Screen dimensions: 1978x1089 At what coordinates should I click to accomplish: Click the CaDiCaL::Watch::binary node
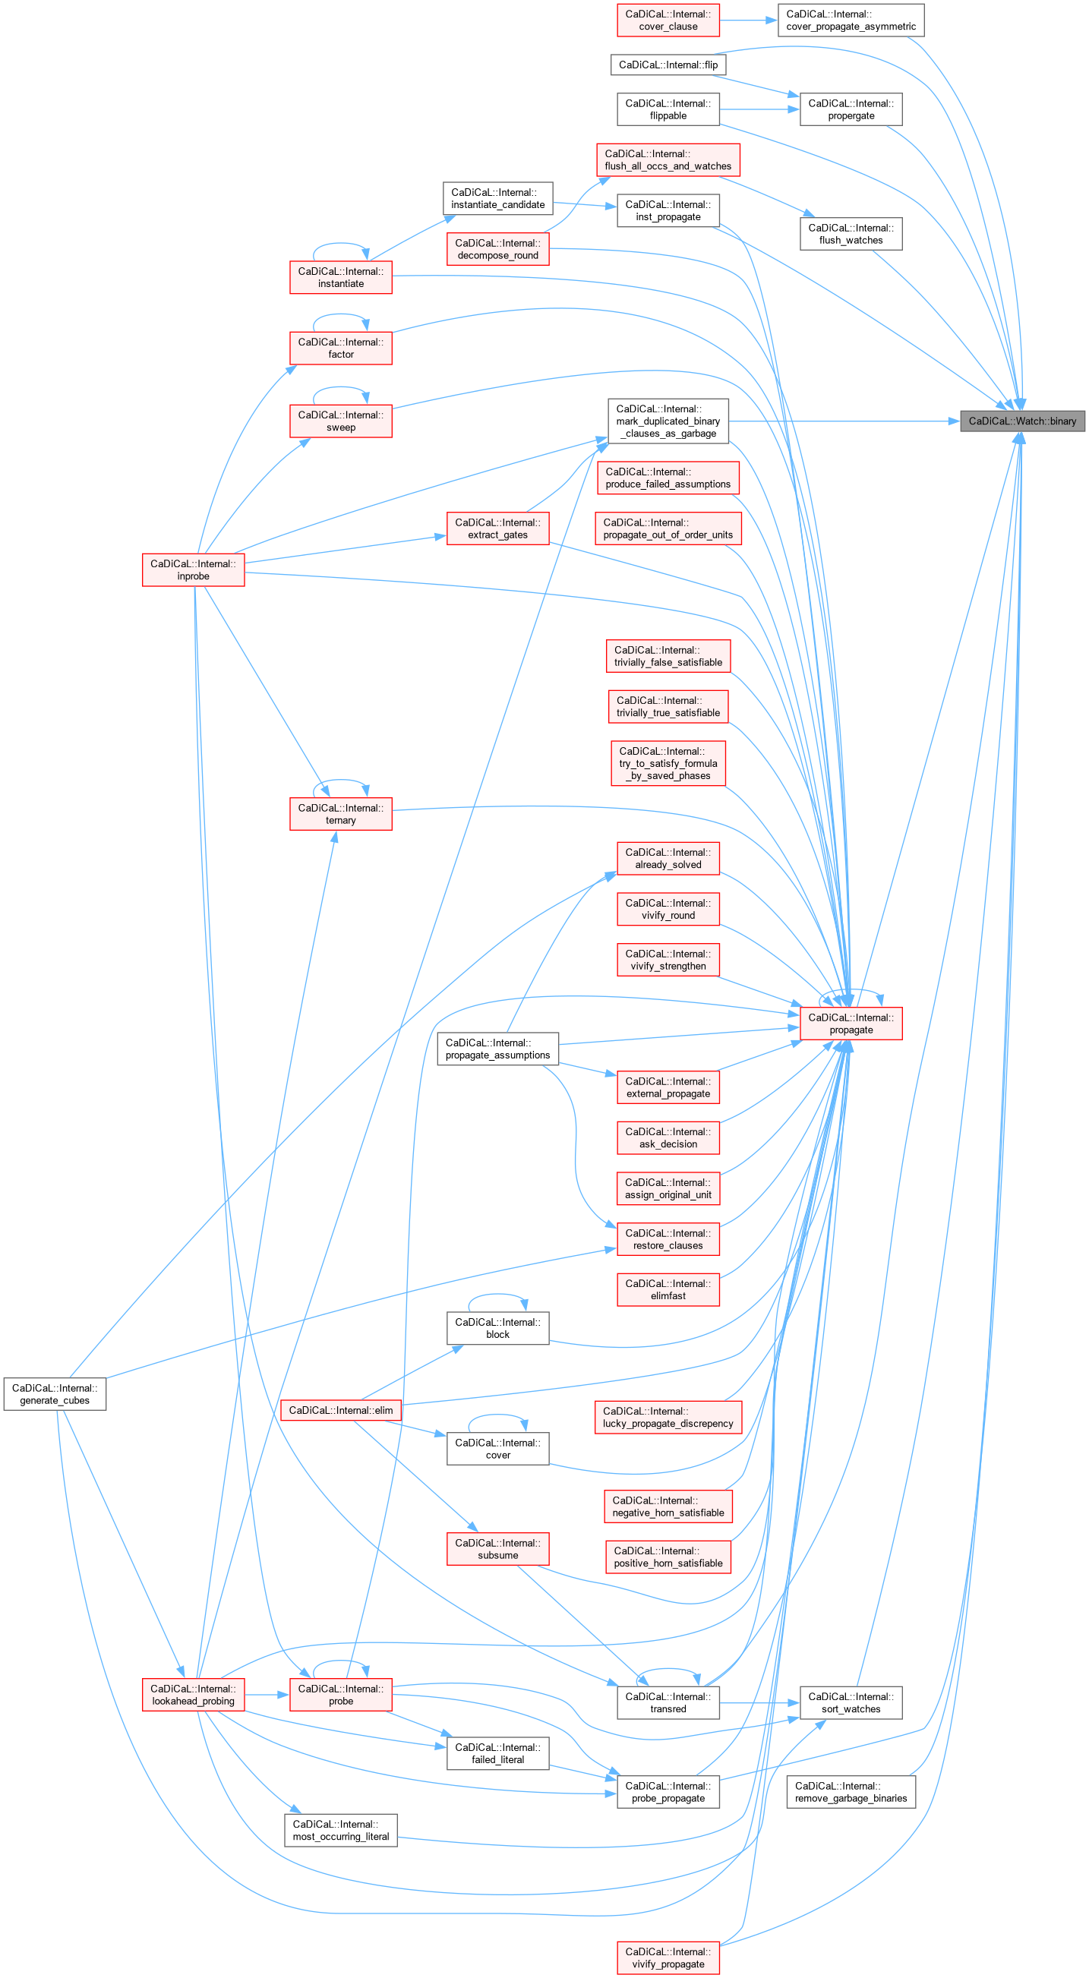click(1022, 421)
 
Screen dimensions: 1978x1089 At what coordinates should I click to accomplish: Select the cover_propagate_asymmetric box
click(851, 20)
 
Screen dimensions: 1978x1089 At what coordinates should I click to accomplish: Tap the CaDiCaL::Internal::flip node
click(668, 65)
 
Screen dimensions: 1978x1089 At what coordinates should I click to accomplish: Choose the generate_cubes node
click(55, 1393)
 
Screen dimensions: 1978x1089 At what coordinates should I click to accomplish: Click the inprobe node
click(194, 569)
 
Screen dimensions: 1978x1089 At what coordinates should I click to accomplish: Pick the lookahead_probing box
click(194, 1695)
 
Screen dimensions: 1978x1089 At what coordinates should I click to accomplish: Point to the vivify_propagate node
click(668, 1957)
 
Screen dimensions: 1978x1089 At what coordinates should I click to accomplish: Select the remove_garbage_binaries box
click(851, 1791)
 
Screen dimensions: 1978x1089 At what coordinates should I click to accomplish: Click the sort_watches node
click(851, 1702)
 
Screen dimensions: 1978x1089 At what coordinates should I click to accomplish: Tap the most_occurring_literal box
click(341, 1830)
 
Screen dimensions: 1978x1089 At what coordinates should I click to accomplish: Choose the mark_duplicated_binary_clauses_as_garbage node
click(668, 421)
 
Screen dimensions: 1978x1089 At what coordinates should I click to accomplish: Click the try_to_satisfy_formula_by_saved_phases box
click(668, 763)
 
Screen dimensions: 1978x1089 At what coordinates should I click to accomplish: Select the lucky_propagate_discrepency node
click(668, 1417)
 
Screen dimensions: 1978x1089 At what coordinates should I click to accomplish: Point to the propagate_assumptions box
click(497, 1049)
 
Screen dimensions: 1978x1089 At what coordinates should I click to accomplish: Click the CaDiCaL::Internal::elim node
click(341, 1411)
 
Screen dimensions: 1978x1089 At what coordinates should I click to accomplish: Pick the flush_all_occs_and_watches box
click(668, 159)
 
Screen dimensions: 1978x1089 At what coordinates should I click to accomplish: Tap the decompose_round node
click(497, 249)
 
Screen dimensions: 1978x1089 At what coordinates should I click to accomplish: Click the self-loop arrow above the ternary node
click(341, 781)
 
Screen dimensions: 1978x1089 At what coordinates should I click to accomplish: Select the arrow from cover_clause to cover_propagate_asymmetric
click(749, 20)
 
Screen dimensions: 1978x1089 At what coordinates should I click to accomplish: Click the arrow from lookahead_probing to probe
click(267, 1695)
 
